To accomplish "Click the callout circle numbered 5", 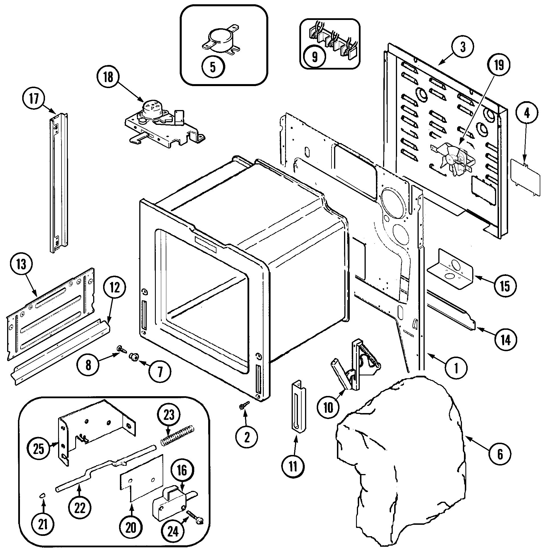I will [213, 67].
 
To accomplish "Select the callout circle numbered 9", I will [314, 56].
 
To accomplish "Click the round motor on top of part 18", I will [152, 108].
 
